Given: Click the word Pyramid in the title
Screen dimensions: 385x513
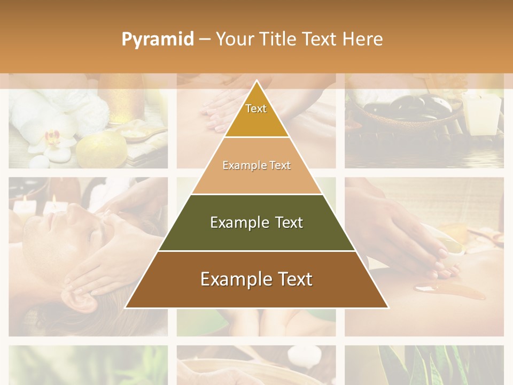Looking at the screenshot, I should click(157, 40).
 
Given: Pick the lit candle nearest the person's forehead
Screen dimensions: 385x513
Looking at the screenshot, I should click(53, 206).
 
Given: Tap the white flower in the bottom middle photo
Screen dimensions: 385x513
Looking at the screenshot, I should click(302, 355).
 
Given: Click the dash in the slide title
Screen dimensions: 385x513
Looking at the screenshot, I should click(205, 40).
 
